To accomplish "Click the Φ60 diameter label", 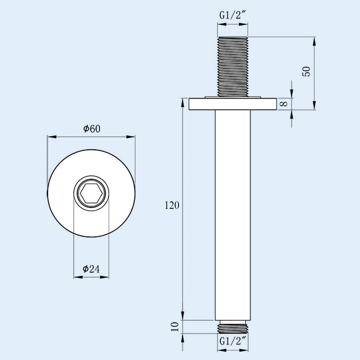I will (x=91, y=129).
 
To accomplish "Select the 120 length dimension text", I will (x=172, y=205).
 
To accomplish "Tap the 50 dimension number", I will (x=307, y=72).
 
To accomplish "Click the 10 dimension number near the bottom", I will (x=175, y=326).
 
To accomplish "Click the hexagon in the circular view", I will (x=91, y=193).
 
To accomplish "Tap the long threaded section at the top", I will (x=232, y=66).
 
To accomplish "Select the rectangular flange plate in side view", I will (x=232, y=104).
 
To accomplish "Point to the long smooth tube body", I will (x=232, y=210).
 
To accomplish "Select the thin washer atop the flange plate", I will (x=232, y=97).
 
